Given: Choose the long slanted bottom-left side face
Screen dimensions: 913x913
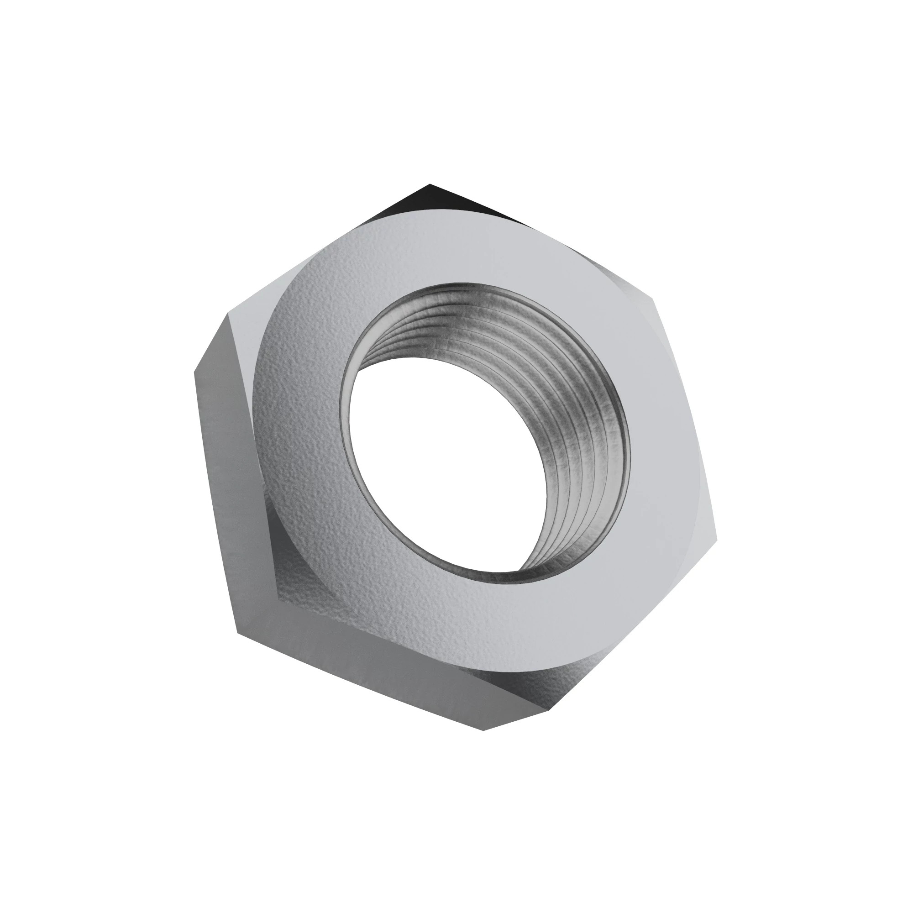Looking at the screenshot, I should click(x=359, y=671).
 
